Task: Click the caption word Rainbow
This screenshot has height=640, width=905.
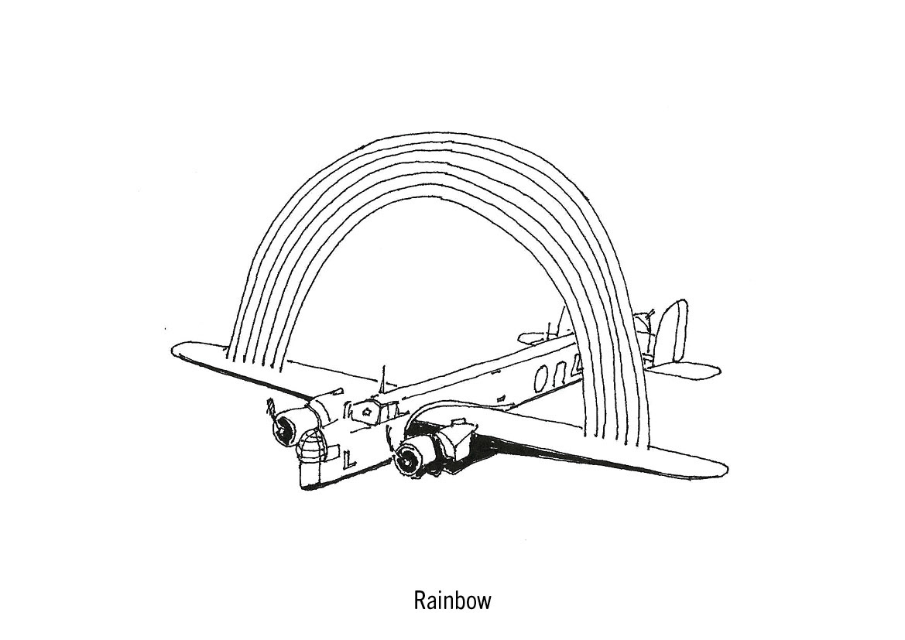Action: (x=452, y=601)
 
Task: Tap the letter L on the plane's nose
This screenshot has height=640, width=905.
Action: (x=348, y=460)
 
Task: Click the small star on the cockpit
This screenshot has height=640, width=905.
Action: (x=368, y=412)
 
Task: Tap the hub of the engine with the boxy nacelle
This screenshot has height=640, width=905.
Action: (x=405, y=461)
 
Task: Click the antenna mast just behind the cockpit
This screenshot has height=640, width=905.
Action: (x=383, y=379)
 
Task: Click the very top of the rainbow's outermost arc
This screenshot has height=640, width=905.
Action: (x=449, y=133)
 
